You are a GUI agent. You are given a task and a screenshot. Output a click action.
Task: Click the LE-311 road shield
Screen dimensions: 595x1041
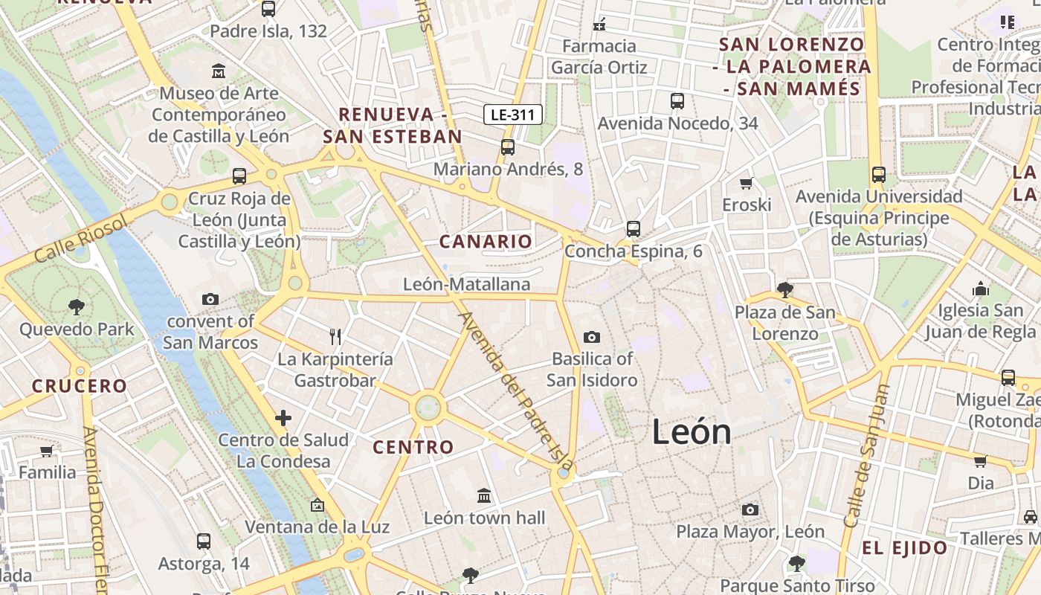pyautogui.click(x=513, y=115)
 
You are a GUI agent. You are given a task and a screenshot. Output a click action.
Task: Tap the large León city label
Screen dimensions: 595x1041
pyautogui.click(x=692, y=432)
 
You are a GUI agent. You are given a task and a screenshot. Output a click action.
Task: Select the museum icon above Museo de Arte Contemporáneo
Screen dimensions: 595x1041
pyautogui.click(x=219, y=71)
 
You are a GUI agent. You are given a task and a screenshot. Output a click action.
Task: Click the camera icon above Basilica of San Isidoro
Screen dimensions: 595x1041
pyautogui.click(x=592, y=337)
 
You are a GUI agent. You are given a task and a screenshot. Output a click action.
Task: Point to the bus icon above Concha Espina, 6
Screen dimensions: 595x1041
pyautogui.click(x=634, y=229)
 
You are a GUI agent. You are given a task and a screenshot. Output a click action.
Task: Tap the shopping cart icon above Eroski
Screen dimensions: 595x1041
pyautogui.click(x=747, y=183)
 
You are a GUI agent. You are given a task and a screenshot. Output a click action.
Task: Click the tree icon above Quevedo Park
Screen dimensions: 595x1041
pyautogui.click(x=76, y=306)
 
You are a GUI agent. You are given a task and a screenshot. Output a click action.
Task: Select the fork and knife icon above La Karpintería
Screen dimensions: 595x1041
pyautogui.click(x=335, y=337)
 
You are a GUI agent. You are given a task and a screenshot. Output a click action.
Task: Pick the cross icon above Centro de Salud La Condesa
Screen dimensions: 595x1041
pyautogui.click(x=283, y=418)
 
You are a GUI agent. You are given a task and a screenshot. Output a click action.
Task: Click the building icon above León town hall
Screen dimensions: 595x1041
pyautogui.click(x=484, y=495)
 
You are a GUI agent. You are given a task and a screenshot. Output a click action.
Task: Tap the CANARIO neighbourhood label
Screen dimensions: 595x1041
pyautogui.click(x=486, y=242)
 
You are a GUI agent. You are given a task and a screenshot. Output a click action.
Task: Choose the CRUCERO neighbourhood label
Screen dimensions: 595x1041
pyautogui.click(x=80, y=386)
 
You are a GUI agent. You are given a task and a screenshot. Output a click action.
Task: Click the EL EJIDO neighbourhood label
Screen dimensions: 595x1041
pyautogui.click(x=904, y=549)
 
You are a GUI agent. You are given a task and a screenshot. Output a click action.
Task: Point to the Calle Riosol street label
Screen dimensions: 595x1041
pyautogui.click(x=81, y=237)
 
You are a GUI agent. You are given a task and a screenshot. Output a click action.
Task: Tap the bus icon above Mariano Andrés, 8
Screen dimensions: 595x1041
pyautogui.click(x=508, y=147)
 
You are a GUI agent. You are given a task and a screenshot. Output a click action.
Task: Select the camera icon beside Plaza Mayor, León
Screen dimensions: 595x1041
pyautogui.click(x=750, y=509)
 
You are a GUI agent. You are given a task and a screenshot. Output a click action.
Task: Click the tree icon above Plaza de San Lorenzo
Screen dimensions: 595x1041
pyautogui.click(x=784, y=289)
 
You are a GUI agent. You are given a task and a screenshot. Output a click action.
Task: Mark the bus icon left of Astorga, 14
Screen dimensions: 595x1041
pyautogui.click(x=204, y=541)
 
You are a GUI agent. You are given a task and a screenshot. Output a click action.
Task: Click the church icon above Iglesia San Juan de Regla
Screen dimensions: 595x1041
pyautogui.click(x=981, y=289)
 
